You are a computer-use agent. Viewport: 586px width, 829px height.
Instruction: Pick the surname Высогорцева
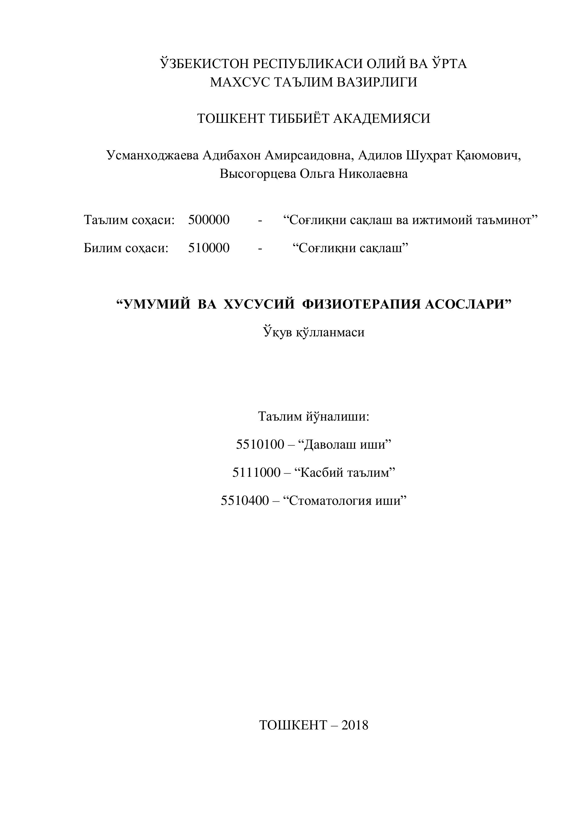coord(258,174)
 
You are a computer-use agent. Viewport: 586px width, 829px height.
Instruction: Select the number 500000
coord(209,220)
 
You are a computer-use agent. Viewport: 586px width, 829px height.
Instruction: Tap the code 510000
coord(209,248)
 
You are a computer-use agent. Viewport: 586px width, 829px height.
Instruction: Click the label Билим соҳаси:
coord(126,248)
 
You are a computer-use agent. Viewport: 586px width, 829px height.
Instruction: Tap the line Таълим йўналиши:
coord(314,417)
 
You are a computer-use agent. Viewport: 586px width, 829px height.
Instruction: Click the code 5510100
coord(260,444)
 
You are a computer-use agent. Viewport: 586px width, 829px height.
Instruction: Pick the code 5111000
coord(256,472)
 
